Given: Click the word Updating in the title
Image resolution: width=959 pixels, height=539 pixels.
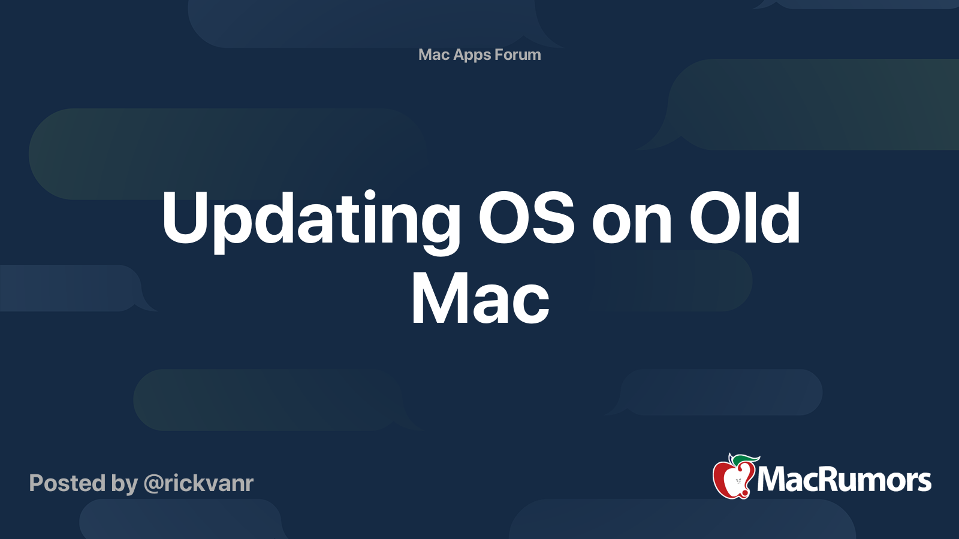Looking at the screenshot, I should [310, 219].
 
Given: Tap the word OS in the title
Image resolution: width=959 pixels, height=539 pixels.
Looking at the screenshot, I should [526, 219].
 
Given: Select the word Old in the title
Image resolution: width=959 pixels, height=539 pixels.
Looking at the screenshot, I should [744, 219].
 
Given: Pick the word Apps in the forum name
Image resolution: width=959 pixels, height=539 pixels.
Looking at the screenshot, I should [472, 55].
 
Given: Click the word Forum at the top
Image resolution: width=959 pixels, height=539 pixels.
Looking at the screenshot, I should [518, 55].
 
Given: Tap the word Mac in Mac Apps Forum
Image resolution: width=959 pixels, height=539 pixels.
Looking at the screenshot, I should [434, 55].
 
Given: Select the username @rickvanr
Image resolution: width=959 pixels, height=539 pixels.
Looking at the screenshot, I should [198, 483].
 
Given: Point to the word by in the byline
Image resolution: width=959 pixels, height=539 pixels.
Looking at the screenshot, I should [125, 484].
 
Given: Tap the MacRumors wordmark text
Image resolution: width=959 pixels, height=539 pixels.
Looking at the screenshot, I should [844, 480].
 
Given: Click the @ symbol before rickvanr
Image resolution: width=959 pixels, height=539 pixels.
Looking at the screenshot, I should [153, 484].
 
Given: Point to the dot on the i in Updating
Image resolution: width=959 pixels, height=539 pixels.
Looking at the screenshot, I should [370, 196].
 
